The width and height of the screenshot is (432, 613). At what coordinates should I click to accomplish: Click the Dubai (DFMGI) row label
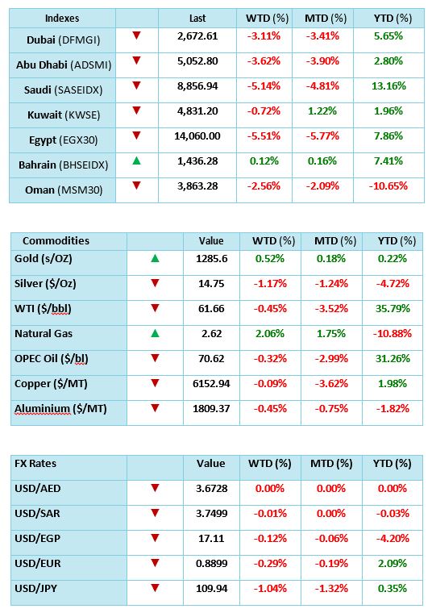point(64,40)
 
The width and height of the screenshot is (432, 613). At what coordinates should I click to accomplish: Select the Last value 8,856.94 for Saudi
point(197,86)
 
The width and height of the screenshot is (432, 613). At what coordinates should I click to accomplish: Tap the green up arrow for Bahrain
point(136,161)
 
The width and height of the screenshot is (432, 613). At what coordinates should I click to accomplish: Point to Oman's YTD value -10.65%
point(388,186)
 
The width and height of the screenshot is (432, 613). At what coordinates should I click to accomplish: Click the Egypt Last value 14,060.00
point(197,136)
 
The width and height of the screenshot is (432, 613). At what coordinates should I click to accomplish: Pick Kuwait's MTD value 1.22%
point(322,111)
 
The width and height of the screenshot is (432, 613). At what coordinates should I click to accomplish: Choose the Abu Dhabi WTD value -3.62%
point(264,61)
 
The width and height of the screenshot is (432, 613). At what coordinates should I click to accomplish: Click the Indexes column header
point(62,19)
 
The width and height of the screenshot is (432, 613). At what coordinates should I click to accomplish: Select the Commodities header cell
point(56,241)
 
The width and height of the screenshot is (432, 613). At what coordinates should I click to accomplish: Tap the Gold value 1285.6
point(212,259)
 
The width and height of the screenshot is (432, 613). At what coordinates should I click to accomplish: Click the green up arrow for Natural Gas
point(155,333)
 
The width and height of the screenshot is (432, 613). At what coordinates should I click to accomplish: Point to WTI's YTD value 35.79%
point(393,309)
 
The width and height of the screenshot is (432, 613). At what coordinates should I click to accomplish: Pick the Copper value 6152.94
point(211,384)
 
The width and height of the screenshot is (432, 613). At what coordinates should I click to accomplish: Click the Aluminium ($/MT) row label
point(60,409)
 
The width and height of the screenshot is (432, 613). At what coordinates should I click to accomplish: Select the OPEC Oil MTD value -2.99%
point(331,359)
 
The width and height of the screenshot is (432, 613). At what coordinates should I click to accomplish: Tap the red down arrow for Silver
point(155,283)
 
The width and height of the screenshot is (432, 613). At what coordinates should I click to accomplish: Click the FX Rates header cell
point(35,464)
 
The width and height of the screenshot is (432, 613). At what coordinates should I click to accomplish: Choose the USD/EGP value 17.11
point(211,539)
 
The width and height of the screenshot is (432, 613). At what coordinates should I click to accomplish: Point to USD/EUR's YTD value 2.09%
point(393,564)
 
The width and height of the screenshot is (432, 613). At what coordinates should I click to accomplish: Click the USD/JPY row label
point(36,589)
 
